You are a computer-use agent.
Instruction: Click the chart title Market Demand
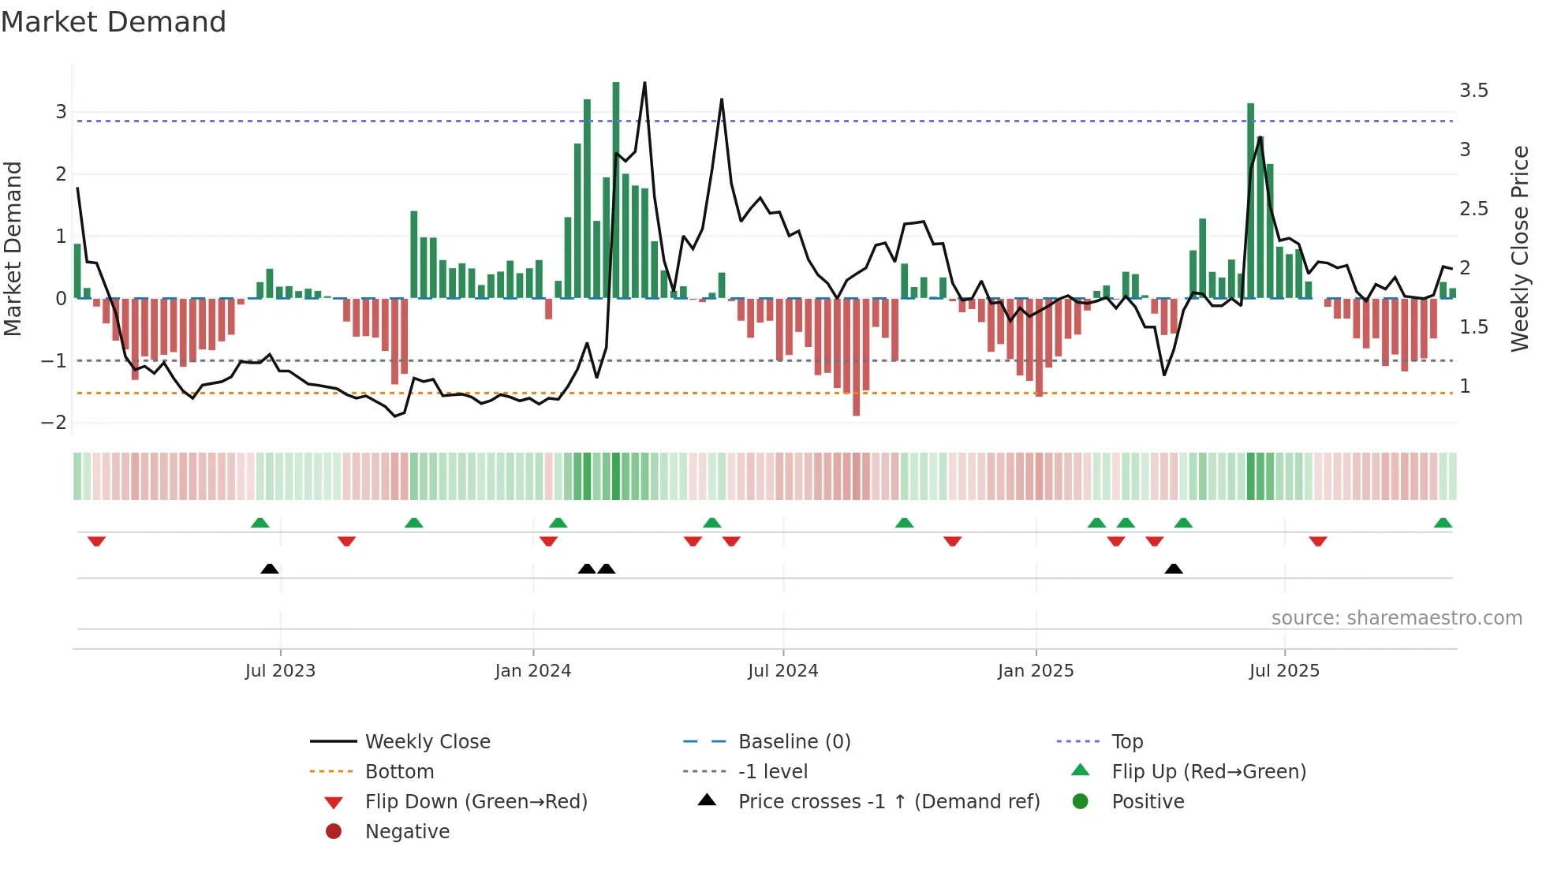tap(114, 22)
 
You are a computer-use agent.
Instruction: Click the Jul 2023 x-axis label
tap(280, 671)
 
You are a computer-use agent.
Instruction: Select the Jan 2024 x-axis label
tap(532, 671)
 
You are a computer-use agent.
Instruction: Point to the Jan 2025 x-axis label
tap(1035, 671)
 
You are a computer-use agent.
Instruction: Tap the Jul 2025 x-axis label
tap(1284, 671)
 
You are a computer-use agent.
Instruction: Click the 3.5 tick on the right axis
tap(1473, 91)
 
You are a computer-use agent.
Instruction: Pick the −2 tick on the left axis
tap(54, 423)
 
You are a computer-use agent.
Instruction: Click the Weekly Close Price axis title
tap(1519, 248)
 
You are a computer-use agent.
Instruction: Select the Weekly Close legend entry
tap(427, 742)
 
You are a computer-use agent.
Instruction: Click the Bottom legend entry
tap(399, 772)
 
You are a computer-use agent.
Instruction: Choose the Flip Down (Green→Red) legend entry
tap(476, 802)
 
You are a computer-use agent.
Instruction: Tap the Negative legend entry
tap(407, 832)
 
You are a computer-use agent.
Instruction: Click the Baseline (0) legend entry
tap(794, 742)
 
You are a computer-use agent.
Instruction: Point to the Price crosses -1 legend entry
tap(888, 802)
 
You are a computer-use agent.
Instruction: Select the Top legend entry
tap(1126, 742)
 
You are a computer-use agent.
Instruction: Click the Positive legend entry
tap(1148, 802)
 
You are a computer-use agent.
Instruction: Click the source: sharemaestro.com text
tap(1396, 618)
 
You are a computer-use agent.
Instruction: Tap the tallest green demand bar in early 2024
tap(616, 189)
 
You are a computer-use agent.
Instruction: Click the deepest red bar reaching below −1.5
tap(856, 359)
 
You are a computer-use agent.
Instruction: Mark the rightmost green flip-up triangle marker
tap(1443, 523)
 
